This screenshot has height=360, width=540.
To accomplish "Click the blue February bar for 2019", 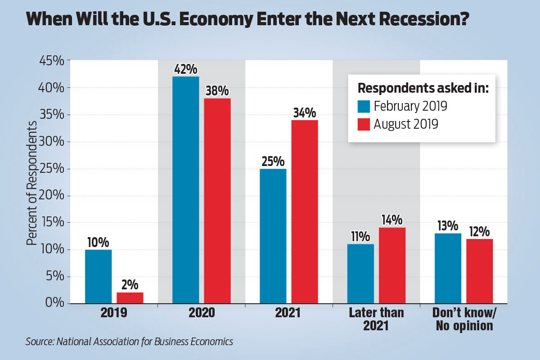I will tap(98, 276).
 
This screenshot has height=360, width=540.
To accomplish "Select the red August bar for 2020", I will tap(217, 201).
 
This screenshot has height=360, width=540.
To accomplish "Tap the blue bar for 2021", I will tap(273, 236).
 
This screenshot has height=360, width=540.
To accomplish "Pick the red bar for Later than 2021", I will tap(392, 265).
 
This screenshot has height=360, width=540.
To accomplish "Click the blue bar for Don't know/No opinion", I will tap(448, 268).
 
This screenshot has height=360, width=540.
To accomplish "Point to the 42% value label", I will tap(186, 70).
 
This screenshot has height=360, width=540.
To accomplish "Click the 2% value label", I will tap(130, 285).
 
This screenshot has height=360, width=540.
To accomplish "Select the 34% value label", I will tap(305, 112).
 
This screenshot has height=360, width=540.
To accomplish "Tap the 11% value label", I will tap(360, 237).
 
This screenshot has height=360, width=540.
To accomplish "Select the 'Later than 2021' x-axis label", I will tap(376, 319).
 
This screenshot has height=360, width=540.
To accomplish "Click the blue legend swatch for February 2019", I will tap(364, 107).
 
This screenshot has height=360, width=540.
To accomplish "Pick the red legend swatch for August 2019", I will tap(364, 124).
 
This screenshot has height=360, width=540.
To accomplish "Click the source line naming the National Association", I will tap(129, 342).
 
